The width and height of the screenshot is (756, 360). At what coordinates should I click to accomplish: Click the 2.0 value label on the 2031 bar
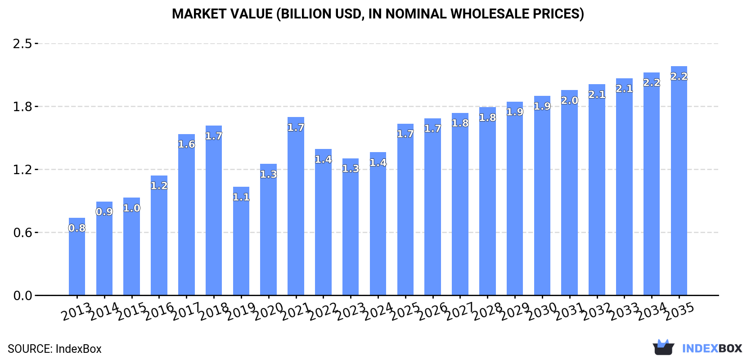(569, 101)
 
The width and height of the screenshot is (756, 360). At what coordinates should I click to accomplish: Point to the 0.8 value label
(77, 228)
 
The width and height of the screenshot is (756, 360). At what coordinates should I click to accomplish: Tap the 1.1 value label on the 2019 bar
(241, 197)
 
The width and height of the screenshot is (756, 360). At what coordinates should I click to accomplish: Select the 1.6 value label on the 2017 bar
(186, 144)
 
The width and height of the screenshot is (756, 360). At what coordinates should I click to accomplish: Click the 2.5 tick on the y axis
(22, 44)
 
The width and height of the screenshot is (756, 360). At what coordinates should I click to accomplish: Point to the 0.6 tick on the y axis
(22, 233)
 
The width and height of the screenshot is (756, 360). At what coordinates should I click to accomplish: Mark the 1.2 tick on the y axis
(22, 170)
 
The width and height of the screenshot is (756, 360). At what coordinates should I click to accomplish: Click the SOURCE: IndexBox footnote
(54, 349)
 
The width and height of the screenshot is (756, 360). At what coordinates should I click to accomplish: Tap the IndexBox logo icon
(663, 347)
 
